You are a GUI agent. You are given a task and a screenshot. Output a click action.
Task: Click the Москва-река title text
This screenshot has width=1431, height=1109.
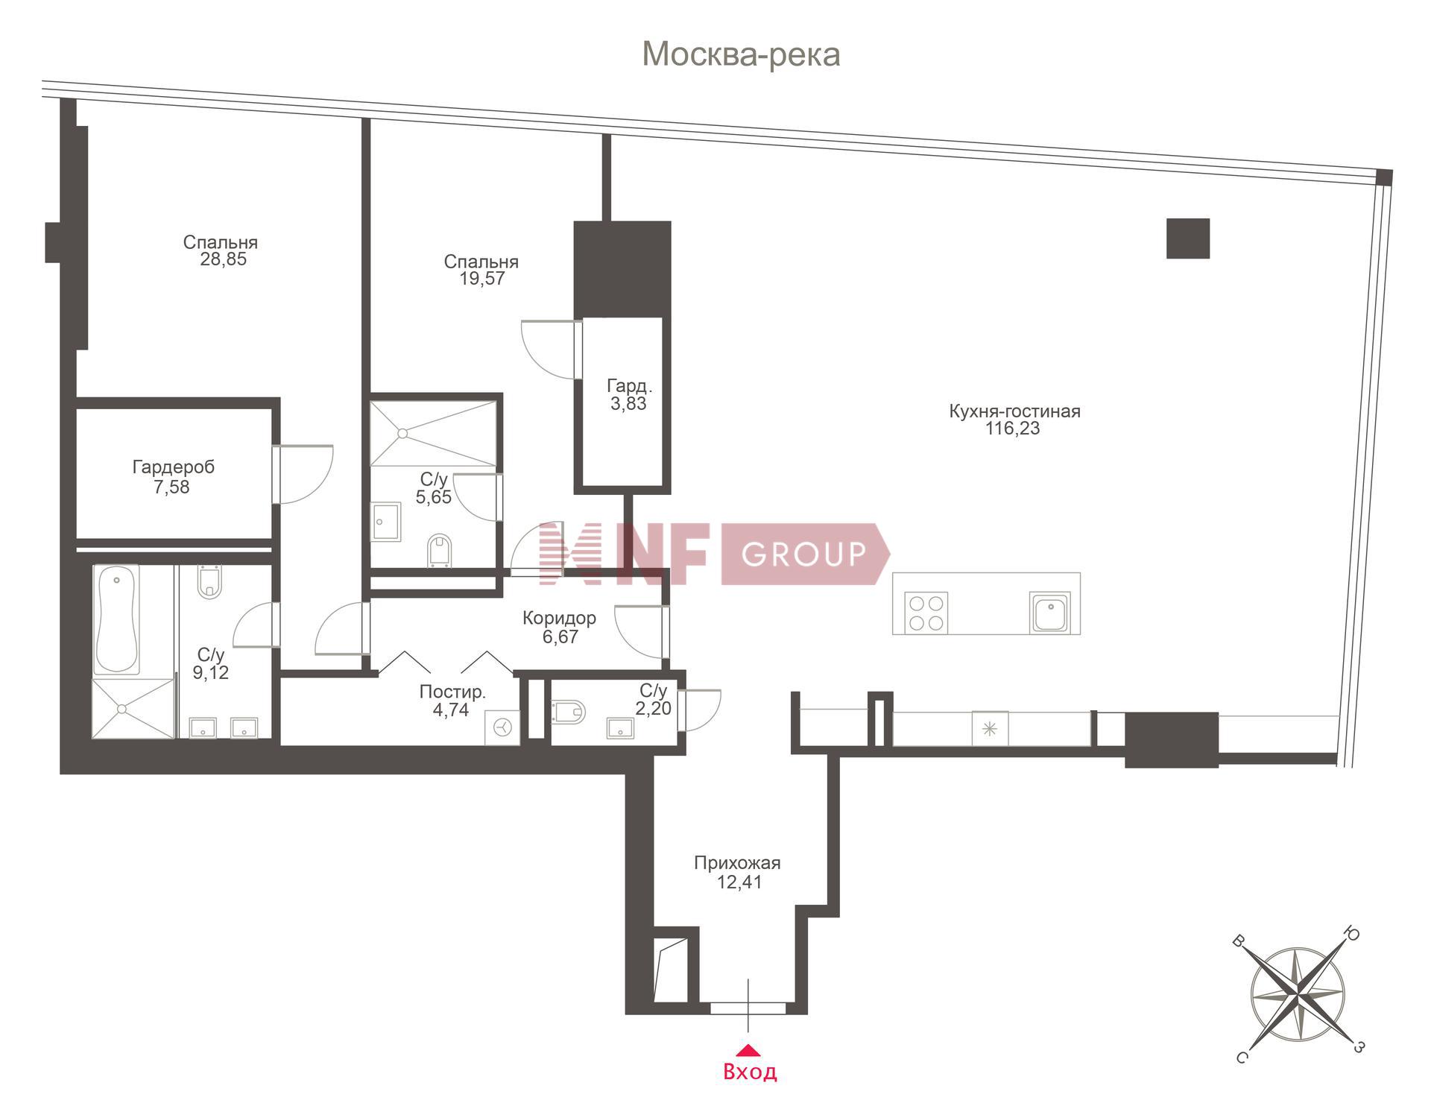741,54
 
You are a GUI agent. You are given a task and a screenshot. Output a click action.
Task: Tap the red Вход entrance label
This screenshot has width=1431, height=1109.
750,1072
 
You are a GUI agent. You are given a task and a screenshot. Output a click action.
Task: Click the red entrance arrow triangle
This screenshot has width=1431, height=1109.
748,1050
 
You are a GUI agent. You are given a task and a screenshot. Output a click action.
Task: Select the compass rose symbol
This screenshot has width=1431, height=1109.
1298,993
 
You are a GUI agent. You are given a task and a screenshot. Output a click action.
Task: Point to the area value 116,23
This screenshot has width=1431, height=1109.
1012,429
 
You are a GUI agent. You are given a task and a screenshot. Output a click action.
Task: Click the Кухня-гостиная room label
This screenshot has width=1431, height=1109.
1014,411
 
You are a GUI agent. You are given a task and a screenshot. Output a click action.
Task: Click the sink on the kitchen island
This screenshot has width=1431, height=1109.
1050,613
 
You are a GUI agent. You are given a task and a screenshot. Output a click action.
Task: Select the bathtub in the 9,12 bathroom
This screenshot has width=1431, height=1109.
116,620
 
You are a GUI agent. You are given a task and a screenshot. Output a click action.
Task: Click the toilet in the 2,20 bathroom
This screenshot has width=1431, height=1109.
569,712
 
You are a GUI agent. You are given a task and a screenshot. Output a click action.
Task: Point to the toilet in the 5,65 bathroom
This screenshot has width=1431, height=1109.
440,551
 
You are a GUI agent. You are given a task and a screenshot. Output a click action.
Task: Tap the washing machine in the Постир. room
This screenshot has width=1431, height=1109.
502,727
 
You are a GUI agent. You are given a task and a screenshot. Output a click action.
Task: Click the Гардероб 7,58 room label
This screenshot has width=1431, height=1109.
173,477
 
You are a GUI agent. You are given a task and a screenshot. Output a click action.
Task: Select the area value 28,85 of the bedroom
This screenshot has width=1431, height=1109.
223,259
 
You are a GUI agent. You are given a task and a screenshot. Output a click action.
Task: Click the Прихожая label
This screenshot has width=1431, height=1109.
737,863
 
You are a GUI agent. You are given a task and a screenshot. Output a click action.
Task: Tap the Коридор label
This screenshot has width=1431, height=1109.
559,618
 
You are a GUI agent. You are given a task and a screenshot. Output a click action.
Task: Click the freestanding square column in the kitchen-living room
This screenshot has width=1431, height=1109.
1188,238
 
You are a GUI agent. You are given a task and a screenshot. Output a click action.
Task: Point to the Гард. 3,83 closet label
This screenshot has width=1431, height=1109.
629,395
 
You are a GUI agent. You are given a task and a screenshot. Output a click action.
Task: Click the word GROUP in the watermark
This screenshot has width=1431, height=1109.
803,554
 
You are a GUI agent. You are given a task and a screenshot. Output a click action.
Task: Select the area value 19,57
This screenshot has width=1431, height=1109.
482,279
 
